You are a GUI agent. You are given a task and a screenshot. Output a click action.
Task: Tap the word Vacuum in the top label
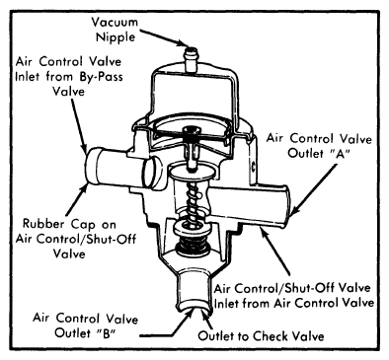115,23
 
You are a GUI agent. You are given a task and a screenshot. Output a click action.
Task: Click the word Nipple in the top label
116,36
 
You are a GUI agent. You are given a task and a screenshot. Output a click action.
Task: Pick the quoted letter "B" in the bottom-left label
104,333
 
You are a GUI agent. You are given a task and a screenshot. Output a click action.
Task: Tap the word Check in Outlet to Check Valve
269,336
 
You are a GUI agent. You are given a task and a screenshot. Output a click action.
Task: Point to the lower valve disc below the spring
190,228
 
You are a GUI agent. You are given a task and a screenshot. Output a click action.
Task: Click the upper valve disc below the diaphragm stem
191,173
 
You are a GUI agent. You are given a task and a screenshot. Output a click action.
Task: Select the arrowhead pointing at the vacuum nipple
182,43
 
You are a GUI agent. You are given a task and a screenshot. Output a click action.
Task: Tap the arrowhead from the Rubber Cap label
86,188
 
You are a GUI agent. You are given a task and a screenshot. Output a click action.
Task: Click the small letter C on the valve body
254,164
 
